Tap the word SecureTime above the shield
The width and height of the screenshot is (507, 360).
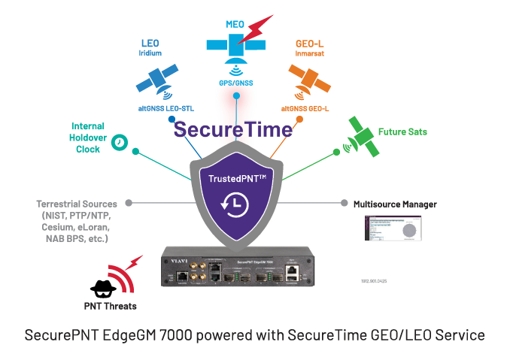[232, 129]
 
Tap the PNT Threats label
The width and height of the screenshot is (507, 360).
[111, 306]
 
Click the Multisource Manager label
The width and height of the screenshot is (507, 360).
[394, 204]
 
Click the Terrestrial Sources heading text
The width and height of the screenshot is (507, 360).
[77, 204]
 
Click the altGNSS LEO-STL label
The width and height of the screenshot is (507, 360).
[161, 108]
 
